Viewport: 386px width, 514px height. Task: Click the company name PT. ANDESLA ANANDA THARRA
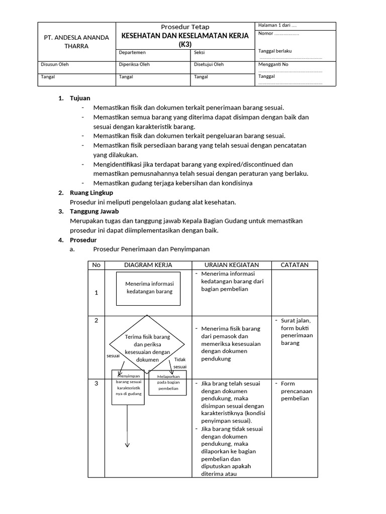click(76, 42)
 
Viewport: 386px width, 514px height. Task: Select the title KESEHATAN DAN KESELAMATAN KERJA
click(185, 36)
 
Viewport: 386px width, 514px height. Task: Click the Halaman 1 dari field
click(277, 26)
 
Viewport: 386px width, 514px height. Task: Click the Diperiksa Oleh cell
click(134, 64)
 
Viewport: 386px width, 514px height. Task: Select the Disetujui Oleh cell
click(209, 64)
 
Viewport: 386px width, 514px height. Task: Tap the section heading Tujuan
click(80, 98)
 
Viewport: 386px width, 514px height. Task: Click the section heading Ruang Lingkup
click(91, 193)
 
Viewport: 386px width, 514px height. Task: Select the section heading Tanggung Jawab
click(94, 211)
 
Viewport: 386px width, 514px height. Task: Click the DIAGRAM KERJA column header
click(148, 265)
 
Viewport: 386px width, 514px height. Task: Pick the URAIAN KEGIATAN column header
click(232, 265)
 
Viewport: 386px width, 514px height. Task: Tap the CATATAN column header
click(295, 265)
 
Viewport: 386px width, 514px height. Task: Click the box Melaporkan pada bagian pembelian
click(168, 382)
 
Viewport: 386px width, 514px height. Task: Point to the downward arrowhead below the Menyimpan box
click(128, 444)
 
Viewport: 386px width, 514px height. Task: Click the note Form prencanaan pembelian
click(296, 391)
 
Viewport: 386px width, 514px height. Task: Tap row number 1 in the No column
click(96, 293)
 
